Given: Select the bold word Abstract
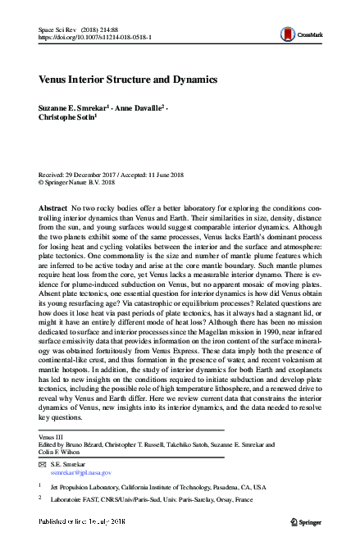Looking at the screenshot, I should [53, 210].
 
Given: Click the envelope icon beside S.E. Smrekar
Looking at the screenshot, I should [43, 465].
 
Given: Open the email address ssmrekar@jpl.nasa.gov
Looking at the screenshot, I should [80, 473].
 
